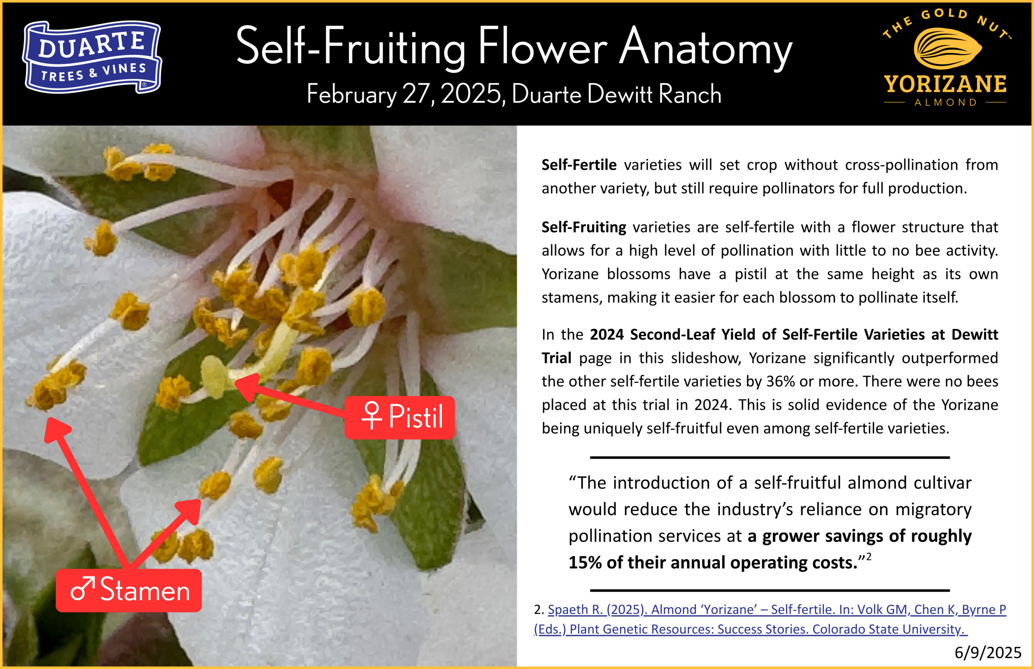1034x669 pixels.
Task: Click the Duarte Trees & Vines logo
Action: [x=92, y=57]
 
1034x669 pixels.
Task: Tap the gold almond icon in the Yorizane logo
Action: [x=947, y=48]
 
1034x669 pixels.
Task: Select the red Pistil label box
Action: [x=399, y=417]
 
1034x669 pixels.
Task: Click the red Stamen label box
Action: [x=128, y=590]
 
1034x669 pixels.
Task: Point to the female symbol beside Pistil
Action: [x=372, y=415]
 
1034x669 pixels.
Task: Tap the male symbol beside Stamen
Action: [x=82, y=589]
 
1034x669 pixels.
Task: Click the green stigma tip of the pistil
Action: [x=213, y=376]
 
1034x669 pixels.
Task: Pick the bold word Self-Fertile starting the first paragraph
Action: [x=579, y=165]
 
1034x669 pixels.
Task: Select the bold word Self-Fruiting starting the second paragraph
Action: [x=584, y=227]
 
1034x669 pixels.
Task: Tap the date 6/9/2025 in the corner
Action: [x=988, y=652]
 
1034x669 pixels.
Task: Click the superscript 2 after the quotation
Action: [x=868, y=556]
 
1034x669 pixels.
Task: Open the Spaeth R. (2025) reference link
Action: [x=769, y=619]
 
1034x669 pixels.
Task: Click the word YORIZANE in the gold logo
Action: [x=946, y=84]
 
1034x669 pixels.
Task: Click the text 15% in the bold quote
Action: [x=585, y=563]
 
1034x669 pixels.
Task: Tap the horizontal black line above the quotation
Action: [x=769, y=457]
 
